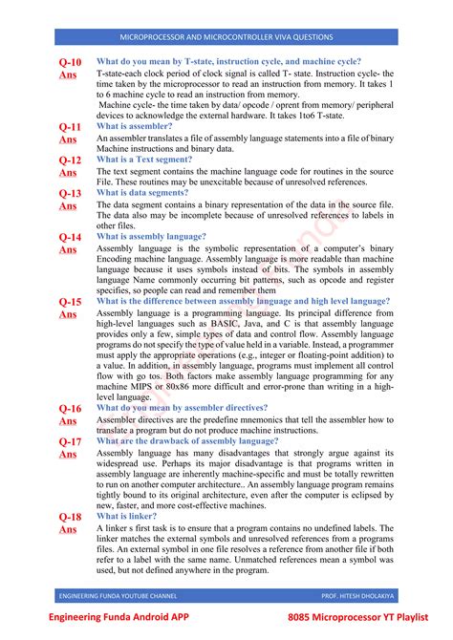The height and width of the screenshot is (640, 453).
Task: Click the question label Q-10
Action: click(x=70, y=62)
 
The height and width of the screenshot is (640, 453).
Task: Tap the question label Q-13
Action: click(x=70, y=193)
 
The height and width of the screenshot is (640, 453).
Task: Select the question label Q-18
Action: click(x=70, y=517)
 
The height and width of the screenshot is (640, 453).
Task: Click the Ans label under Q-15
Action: click(x=69, y=314)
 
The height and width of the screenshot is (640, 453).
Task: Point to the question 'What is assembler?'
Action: click(x=135, y=126)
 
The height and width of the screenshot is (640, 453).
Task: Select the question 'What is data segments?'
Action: click(x=142, y=192)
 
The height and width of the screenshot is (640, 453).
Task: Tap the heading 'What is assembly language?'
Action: click(x=151, y=236)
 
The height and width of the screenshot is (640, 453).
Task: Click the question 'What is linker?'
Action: click(x=127, y=516)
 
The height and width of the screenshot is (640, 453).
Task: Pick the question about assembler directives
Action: click(x=182, y=408)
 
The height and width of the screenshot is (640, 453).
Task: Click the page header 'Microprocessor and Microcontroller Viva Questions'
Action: click(x=226, y=37)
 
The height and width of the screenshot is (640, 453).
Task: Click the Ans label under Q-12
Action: click(x=69, y=173)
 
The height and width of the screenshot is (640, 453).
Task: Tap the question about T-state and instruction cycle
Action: click(x=228, y=61)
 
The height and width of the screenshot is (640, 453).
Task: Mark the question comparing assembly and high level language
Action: click(x=244, y=301)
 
